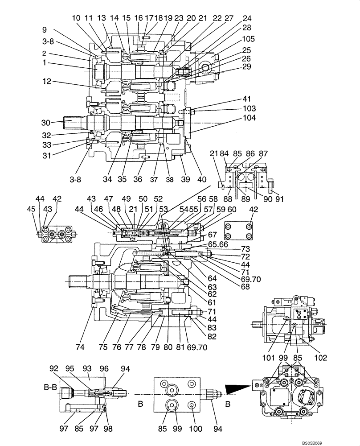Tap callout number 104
(250, 118)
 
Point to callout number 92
(54, 368)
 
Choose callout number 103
(250, 108)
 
